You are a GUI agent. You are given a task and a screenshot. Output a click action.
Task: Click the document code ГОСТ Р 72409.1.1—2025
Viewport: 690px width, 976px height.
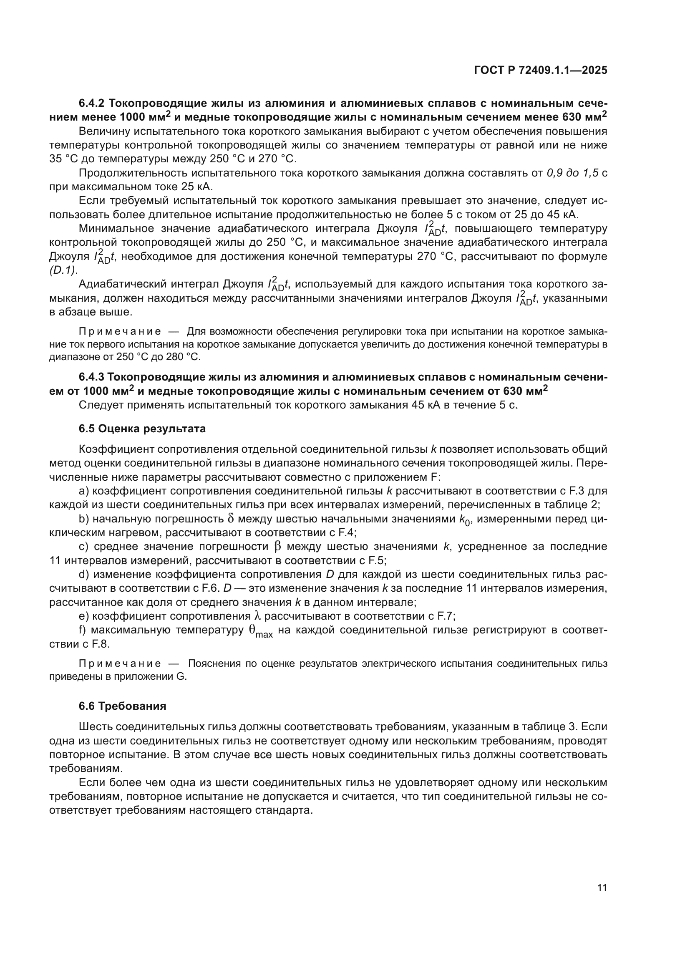(540, 71)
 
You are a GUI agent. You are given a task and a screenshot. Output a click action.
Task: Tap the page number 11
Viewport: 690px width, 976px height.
(602, 888)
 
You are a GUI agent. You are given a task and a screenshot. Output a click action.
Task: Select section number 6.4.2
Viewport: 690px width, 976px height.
(92, 103)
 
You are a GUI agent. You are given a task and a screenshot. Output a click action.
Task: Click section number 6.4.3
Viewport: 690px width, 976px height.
(92, 377)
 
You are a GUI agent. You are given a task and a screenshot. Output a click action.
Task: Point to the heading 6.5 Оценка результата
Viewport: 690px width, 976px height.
(142, 429)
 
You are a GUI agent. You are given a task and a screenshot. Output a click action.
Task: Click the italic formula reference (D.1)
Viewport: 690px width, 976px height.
(63, 270)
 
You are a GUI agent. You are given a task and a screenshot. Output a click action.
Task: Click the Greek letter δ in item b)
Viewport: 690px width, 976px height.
(231, 519)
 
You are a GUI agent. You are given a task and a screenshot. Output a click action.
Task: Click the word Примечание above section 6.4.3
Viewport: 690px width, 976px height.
(120, 331)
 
